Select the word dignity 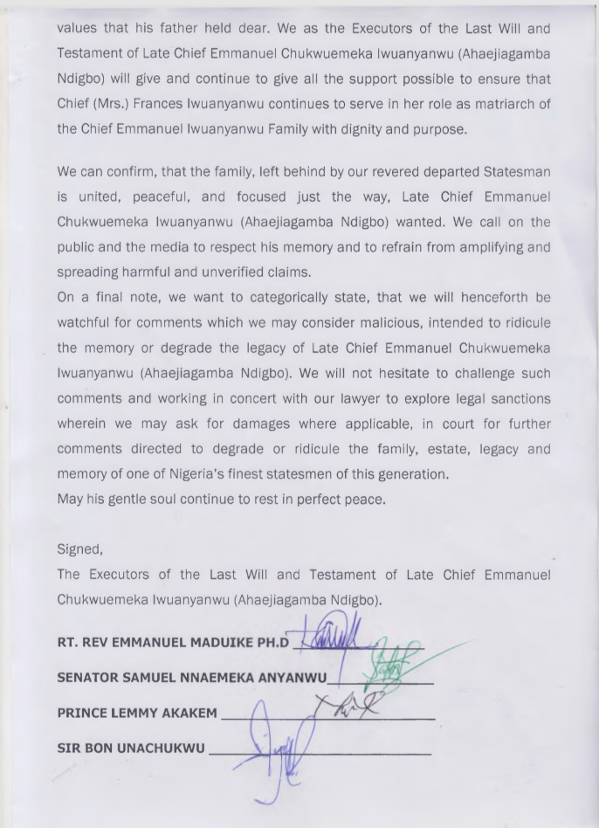[369, 129]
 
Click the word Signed [79, 549]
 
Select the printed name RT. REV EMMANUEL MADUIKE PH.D [173, 643]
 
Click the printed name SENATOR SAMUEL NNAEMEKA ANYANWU [192, 677]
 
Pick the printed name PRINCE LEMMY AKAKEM [137, 713]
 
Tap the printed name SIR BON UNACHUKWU [131, 748]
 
